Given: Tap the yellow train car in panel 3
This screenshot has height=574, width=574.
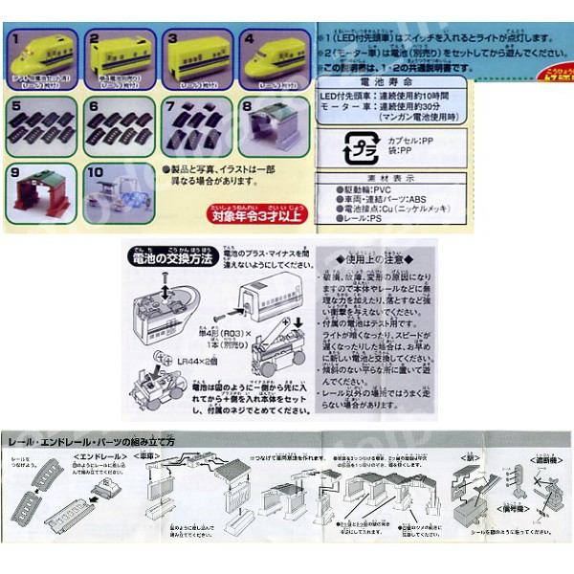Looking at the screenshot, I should click(196, 60).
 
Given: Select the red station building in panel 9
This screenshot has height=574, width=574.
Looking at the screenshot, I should click(43, 191).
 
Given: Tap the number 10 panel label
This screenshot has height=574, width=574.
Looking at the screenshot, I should click(94, 173).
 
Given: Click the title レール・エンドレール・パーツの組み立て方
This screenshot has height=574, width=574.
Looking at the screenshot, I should click(91, 443).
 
